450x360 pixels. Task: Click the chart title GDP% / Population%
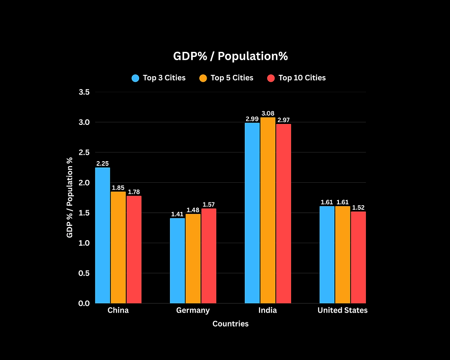[x=230, y=56]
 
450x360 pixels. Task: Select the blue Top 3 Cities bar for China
[x=103, y=235]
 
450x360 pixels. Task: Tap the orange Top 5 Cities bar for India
[x=268, y=210]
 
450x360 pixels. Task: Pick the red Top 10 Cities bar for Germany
[x=208, y=256]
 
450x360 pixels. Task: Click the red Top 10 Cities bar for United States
[x=358, y=257]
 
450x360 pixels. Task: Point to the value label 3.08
[x=268, y=113]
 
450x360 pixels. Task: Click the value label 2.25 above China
[x=103, y=163]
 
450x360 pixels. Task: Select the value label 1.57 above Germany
[x=208, y=204]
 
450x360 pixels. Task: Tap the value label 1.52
[x=358, y=208]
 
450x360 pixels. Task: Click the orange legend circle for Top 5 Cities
[x=203, y=78]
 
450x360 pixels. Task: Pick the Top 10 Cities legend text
[x=302, y=78]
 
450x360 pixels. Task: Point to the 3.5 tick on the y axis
[x=84, y=92]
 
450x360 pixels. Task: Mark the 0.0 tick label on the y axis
[x=84, y=303]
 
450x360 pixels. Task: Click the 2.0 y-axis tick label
[x=84, y=183]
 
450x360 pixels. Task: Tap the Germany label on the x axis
[x=193, y=310]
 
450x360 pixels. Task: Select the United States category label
[x=343, y=310]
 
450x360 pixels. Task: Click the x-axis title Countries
[x=231, y=324]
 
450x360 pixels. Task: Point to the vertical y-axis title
[x=70, y=197]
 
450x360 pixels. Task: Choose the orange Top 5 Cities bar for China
[x=118, y=247]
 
